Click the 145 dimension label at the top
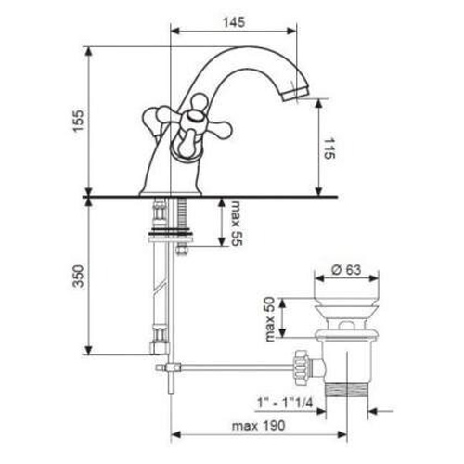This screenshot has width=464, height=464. click(234, 22)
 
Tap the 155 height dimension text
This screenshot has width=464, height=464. click(78, 121)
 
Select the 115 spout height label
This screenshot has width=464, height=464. click(329, 148)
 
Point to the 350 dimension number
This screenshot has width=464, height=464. click(78, 276)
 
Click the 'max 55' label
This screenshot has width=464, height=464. click(237, 223)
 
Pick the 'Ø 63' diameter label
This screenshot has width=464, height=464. click(346, 270)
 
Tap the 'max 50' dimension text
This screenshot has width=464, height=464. click(270, 319)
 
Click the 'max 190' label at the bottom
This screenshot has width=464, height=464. click(258, 426)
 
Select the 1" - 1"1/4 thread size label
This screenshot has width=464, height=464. click(285, 403)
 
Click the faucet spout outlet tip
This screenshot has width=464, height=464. click(295, 94)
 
